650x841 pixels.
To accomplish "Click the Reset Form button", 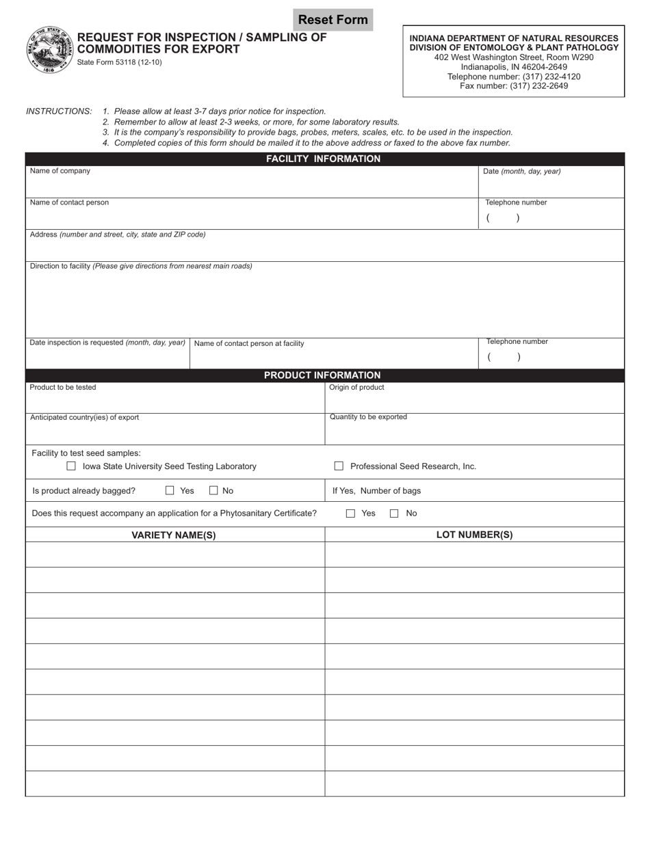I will click(333, 20).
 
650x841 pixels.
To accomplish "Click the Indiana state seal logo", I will click(49, 50).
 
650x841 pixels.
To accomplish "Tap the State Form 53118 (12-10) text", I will click(120, 62).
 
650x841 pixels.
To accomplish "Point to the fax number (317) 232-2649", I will click(514, 86).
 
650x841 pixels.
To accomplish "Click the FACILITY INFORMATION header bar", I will click(324, 159).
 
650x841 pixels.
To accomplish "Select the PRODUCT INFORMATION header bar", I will click(324, 375).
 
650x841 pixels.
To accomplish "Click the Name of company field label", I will click(60, 171).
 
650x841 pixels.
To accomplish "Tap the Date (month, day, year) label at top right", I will click(521, 172).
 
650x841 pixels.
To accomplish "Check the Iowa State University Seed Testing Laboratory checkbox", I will click(71, 466).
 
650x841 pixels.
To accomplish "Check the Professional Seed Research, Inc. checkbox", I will click(339, 466).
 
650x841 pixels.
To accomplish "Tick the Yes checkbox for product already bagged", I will click(170, 490).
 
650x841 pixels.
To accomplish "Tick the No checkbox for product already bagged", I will click(213, 490).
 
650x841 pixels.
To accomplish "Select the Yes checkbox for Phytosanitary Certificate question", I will click(351, 513).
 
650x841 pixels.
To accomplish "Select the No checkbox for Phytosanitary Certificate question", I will click(394, 513).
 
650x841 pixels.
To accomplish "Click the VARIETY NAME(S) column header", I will click(174, 535).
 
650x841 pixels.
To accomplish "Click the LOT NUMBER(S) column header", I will click(474, 535).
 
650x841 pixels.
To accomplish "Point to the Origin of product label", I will click(356, 388).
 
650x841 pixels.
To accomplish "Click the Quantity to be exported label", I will click(368, 417).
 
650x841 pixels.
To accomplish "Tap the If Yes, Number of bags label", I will click(376, 491).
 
